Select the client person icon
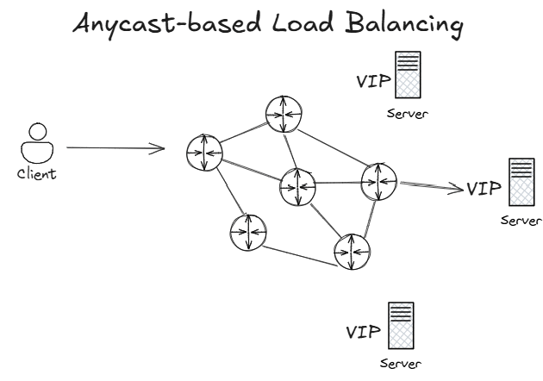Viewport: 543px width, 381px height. point(36,145)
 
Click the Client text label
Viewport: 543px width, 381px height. point(36,174)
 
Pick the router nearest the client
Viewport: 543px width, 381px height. point(204,153)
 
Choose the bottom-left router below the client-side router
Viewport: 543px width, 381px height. point(247,233)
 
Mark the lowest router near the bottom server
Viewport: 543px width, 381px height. point(353,251)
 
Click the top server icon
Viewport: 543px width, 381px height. point(408,75)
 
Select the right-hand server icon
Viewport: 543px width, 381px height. point(521,182)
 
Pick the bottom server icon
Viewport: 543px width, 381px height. point(401,324)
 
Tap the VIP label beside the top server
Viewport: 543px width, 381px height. point(373,82)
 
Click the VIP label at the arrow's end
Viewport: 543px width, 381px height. point(483,187)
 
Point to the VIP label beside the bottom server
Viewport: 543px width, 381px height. point(363,332)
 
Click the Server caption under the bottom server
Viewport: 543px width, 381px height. point(402,364)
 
